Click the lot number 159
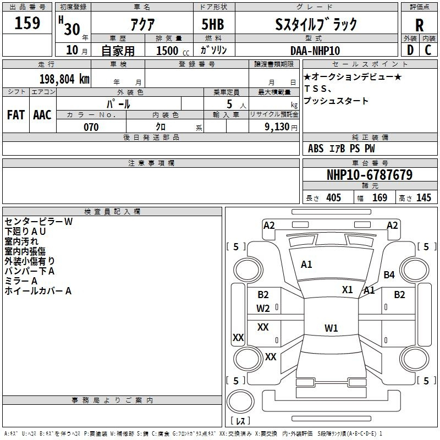coord(28,24)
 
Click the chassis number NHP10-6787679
coord(369,175)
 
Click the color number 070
coord(91,127)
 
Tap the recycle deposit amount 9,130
coord(278,127)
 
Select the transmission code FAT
coord(16,115)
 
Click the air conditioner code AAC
coord(42,115)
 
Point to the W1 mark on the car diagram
coord(331,328)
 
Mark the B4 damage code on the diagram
coord(389,274)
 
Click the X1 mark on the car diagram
coord(348,289)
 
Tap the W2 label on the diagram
coord(263,309)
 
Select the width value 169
coord(380,198)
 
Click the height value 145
coord(424,198)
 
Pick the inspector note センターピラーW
coord(38,222)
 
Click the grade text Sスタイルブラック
coord(316,24)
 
